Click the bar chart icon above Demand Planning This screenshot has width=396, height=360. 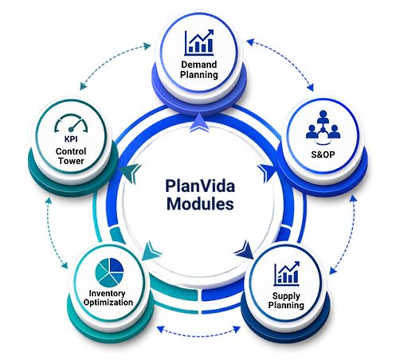coord(199,42)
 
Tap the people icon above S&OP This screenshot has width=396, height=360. coord(323,127)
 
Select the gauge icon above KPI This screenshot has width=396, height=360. coord(71,123)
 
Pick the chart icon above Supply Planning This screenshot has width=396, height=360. coord(287,273)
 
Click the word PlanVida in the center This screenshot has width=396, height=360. coord(200,186)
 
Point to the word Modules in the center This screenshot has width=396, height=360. coord(200,204)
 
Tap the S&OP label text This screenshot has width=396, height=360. coord(323,155)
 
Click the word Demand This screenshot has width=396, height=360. coord(199,65)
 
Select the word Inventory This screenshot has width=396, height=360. coord(108,293)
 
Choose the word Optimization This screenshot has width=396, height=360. coord(108,303)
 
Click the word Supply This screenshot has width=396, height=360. coord(286,295)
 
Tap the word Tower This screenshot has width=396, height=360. coord(71,161)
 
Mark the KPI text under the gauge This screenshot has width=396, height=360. coord(71,139)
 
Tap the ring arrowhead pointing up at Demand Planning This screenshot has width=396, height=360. coord(199,123)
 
